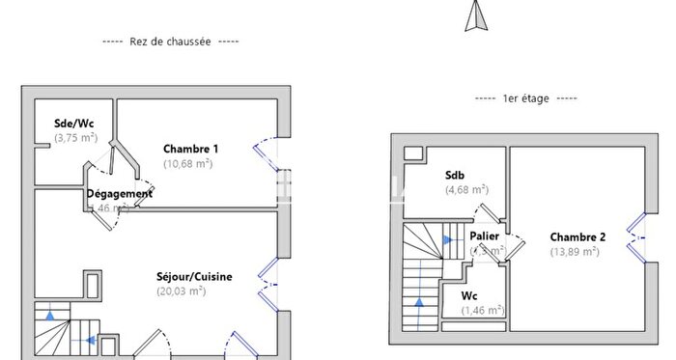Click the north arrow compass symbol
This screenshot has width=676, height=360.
coord(474,16)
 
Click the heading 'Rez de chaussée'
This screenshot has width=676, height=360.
coord(170,42)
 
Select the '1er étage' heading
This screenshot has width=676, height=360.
coord(526,98)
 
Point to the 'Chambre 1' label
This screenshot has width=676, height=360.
coord(190,149)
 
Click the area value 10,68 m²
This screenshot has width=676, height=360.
coord(188,163)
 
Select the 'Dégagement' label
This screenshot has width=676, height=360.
coord(120,193)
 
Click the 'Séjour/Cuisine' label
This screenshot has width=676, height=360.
coord(194,277)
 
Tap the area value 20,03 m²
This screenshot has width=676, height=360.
coord(181,291)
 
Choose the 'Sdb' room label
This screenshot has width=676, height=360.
coord(454,176)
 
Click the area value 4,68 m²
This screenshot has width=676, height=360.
coord(465,190)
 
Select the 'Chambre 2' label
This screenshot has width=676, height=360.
coord(577,237)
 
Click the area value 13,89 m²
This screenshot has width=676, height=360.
coord(575,252)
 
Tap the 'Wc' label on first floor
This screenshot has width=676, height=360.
coord(468,296)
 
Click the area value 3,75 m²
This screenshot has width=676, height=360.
coord(75,138)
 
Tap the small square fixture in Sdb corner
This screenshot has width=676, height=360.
coord(412,152)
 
